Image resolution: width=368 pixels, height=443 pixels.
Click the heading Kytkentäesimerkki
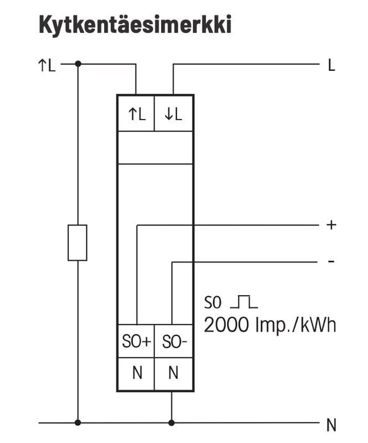coord(134,25)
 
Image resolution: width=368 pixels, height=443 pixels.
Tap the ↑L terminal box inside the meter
coord(136,114)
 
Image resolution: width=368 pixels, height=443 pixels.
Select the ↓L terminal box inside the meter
coord(173,114)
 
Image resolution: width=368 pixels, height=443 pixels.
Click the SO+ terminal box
coord(136,342)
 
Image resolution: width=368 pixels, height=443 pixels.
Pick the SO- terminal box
coord(174,342)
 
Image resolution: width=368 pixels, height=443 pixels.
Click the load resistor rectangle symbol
coord(77,243)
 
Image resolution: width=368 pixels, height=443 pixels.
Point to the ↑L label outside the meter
coord(46,66)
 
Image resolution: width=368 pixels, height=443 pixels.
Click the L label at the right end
coord(331,66)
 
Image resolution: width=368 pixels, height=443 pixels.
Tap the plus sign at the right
coord(331,225)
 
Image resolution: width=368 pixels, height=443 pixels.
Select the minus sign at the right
coord(331,260)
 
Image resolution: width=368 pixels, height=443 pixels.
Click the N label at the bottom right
coord(331,425)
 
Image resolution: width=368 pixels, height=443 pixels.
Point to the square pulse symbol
coord(244,302)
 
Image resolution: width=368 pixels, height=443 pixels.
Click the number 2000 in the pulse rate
coord(226,325)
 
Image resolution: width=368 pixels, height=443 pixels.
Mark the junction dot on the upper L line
coord(77,64)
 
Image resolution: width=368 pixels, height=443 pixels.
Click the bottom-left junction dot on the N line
coord(77,423)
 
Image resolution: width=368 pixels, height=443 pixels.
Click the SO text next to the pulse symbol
coord(212,303)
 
